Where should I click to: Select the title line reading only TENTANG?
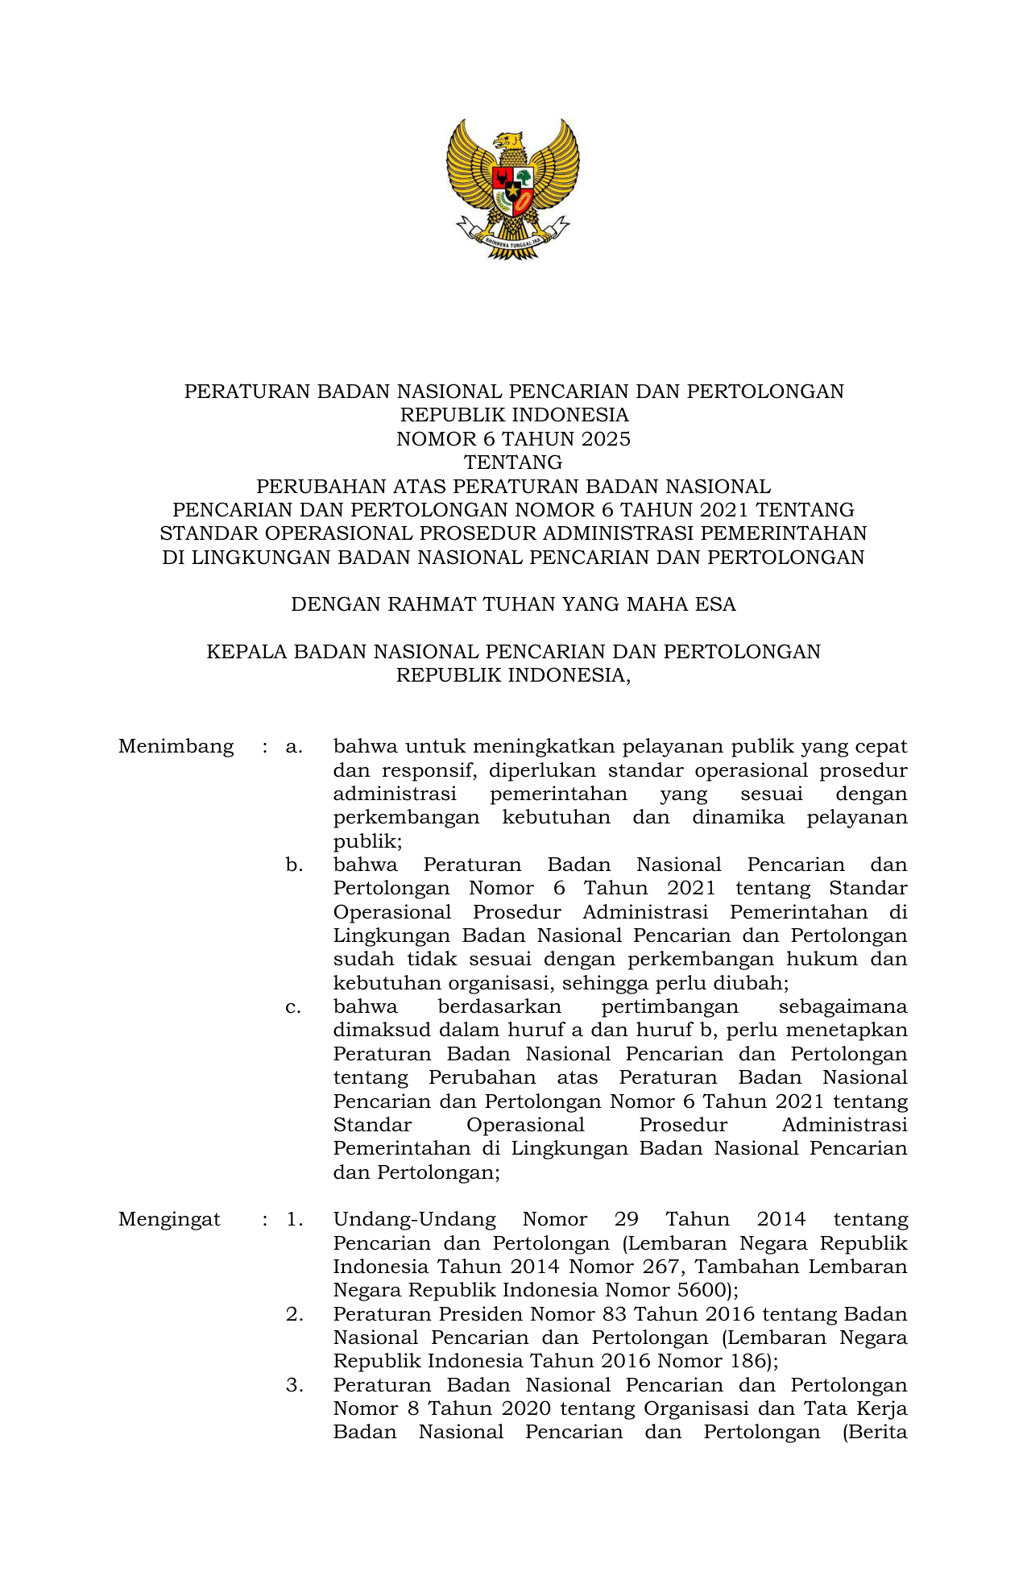click(513, 462)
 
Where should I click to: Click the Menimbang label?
click(176, 747)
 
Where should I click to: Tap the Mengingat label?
click(169, 1219)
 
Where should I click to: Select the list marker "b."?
click(294, 865)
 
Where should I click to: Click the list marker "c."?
click(294, 1007)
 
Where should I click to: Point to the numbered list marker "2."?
click(294, 1314)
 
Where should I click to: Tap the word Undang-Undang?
click(414, 1219)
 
